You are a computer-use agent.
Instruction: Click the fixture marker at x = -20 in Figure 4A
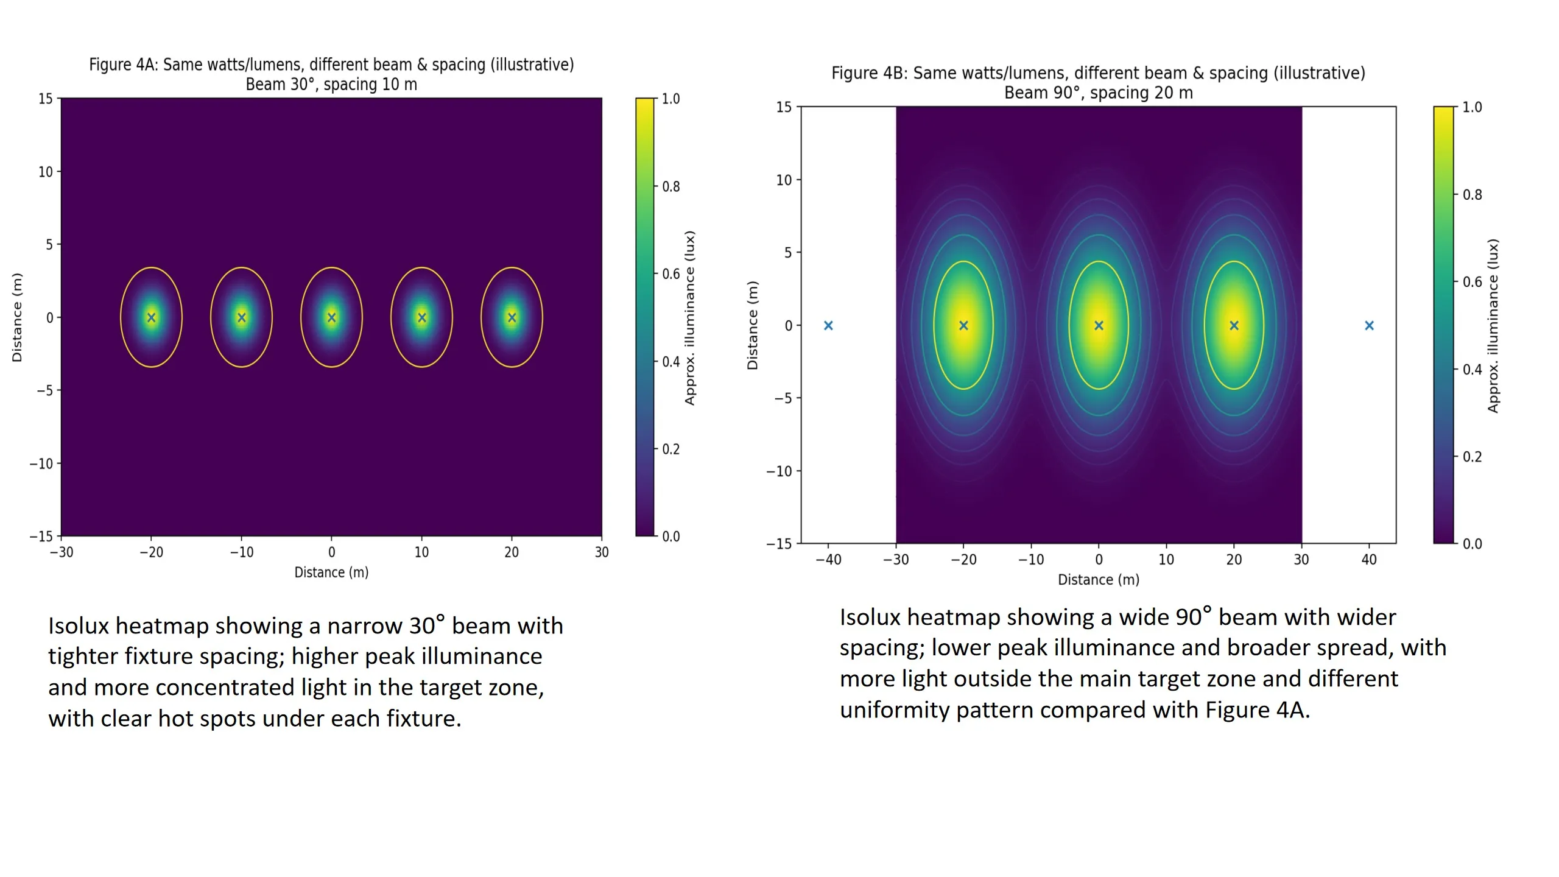click(x=152, y=317)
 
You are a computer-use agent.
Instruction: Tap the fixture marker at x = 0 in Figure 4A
click(x=332, y=317)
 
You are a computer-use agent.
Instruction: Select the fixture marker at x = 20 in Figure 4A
click(x=512, y=317)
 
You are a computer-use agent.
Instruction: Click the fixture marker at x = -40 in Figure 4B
click(x=828, y=326)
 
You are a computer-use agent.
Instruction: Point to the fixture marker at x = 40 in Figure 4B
click(x=1369, y=326)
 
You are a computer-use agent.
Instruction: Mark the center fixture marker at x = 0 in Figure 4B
click(x=1099, y=326)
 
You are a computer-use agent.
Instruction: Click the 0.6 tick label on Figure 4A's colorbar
click(x=671, y=274)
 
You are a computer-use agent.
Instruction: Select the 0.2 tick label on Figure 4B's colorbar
click(x=1473, y=457)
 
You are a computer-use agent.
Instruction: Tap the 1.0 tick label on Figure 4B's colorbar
click(x=1473, y=107)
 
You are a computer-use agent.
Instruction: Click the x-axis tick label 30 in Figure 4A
click(x=602, y=552)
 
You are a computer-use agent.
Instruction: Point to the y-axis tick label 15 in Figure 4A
click(x=46, y=99)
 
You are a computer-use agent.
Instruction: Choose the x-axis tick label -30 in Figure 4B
click(x=896, y=560)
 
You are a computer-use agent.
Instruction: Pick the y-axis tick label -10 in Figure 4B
click(x=779, y=471)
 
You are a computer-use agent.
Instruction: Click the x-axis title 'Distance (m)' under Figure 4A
click(x=331, y=572)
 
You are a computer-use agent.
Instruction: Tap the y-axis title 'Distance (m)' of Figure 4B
click(x=753, y=325)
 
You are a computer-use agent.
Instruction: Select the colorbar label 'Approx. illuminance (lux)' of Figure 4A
click(x=689, y=317)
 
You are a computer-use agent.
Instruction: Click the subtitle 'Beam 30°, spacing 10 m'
click(x=331, y=84)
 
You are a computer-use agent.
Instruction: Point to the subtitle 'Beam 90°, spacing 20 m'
click(x=1098, y=93)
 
